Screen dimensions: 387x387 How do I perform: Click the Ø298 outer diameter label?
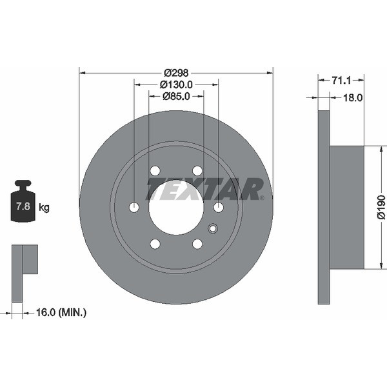pos(176,73)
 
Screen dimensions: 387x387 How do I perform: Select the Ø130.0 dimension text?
pos(176,84)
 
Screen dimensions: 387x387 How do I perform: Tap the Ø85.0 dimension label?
pos(176,96)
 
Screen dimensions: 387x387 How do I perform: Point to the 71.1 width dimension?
pos(341,80)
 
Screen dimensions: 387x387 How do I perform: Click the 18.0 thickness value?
pos(353,98)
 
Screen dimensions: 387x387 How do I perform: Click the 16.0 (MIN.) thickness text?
pos(61,313)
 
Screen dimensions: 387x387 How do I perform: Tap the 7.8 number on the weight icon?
pos(23,206)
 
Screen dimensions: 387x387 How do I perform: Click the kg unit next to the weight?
pos(44,207)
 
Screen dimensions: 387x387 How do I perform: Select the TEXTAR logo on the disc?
pos(205,189)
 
